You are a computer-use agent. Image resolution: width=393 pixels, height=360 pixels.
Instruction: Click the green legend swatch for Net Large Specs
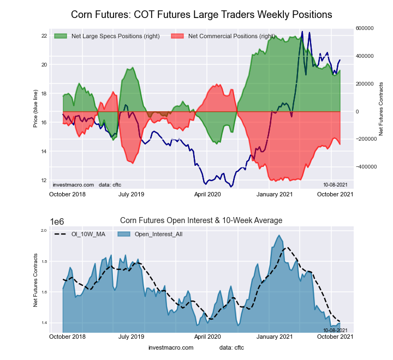pyautogui.click(x=61, y=37)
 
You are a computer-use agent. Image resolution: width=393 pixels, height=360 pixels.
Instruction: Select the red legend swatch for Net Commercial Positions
pyautogui.click(x=177, y=37)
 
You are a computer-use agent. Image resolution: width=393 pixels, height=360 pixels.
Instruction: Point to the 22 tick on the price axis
pyautogui.click(x=44, y=36)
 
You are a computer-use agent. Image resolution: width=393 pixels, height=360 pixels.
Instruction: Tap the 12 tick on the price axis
pyautogui.click(x=44, y=180)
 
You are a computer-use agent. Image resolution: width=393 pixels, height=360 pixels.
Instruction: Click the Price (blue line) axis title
pyautogui.click(x=35, y=109)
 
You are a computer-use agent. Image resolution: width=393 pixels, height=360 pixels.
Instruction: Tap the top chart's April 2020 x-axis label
pyautogui.click(x=207, y=194)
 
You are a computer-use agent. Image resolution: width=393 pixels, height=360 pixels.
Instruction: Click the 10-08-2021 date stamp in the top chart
pyautogui.click(x=335, y=185)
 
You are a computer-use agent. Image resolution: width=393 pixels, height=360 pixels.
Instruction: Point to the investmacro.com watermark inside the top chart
pyautogui.click(x=74, y=185)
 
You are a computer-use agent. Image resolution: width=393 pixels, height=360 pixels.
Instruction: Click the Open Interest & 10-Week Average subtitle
pyautogui.click(x=201, y=220)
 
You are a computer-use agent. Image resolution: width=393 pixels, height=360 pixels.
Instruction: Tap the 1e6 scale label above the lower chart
pyautogui.click(x=58, y=221)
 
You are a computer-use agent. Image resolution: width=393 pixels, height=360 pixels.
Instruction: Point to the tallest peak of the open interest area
pyautogui.click(x=279, y=236)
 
